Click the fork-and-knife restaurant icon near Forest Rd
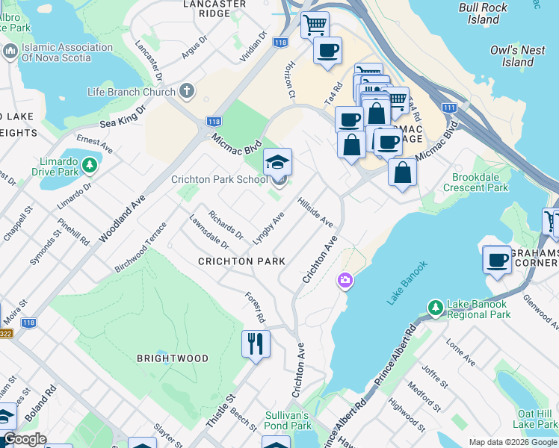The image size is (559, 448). pyautogui.click(x=256, y=344)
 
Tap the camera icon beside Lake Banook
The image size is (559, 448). pyautogui.click(x=345, y=281)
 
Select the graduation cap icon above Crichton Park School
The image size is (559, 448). pyautogui.click(x=277, y=162)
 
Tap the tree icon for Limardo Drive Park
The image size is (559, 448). pyautogui.click(x=90, y=164)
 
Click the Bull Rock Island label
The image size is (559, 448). pyautogui.click(x=484, y=13)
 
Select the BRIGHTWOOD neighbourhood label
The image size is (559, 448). pyautogui.click(x=173, y=358)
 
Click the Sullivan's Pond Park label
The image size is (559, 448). pyautogui.click(x=287, y=420)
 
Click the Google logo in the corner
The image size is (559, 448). pyautogui.click(x=25, y=439)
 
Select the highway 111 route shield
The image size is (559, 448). pyautogui.click(x=449, y=108)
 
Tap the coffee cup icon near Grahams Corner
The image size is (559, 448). pyautogui.click(x=497, y=260)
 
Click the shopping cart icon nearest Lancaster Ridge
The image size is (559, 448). pyautogui.click(x=315, y=25)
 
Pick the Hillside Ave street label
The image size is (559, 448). pyautogui.click(x=315, y=212)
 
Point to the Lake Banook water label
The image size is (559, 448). pyautogui.click(x=407, y=282)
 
